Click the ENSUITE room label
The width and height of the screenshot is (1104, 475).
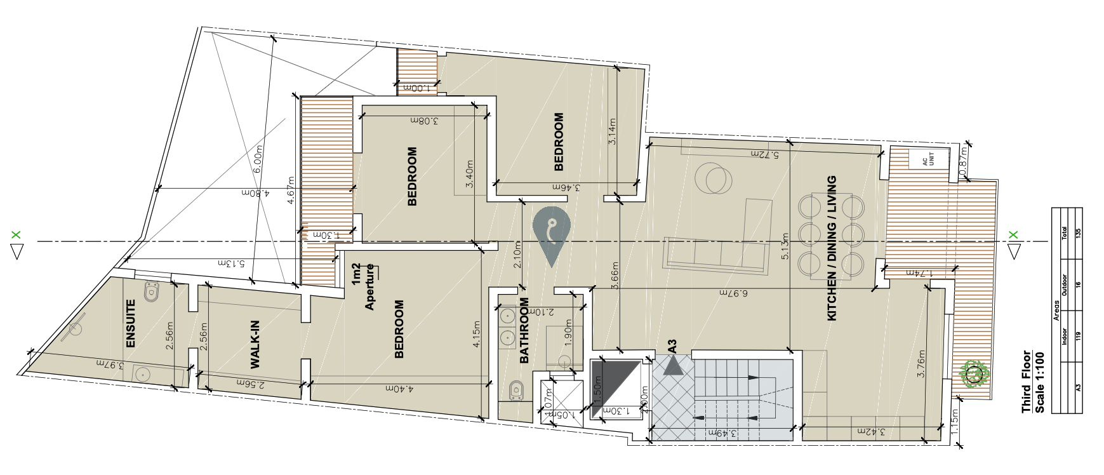pos(131,323)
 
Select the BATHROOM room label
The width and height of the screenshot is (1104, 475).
pos(524,331)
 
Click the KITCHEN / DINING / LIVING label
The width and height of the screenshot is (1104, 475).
pos(832,248)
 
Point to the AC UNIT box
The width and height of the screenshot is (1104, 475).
pos(928,159)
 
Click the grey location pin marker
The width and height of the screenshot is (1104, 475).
pos(551,235)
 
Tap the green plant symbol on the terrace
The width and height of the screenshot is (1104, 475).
pos(975,375)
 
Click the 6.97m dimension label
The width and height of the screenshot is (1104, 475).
pos(734,293)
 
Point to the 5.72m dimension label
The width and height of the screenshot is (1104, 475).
pos(764,154)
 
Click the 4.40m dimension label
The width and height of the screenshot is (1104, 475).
pos(400,388)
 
